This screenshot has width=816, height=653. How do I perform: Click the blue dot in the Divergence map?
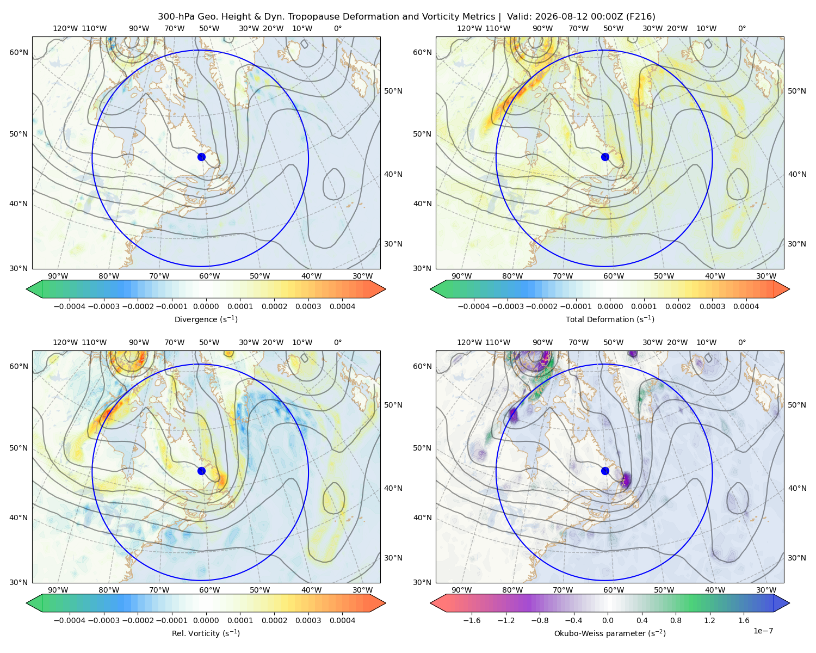click(201, 157)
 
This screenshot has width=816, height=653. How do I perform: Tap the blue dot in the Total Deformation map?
click(605, 157)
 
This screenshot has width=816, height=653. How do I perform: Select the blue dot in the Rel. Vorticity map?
click(201, 471)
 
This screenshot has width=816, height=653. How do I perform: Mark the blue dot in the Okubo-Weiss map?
click(605, 471)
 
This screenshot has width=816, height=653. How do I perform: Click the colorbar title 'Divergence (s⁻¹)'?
click(206, 319)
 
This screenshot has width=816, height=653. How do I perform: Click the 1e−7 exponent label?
click(763, 631)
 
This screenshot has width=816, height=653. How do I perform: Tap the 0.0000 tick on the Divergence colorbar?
click(206, 306)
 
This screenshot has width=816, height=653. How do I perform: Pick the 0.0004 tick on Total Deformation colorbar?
click(746, 306)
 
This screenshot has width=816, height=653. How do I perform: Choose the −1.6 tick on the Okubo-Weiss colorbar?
click(472, 620)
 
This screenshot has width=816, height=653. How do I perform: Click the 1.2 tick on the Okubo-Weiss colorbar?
click(709, 620)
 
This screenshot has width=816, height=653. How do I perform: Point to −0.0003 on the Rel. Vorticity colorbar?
click(103, 620)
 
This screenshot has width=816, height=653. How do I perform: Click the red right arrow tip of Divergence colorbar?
click(385, 289)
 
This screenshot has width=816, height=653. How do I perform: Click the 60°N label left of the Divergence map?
click(18, 52)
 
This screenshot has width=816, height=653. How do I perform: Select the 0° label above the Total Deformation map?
click(741, 28)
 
